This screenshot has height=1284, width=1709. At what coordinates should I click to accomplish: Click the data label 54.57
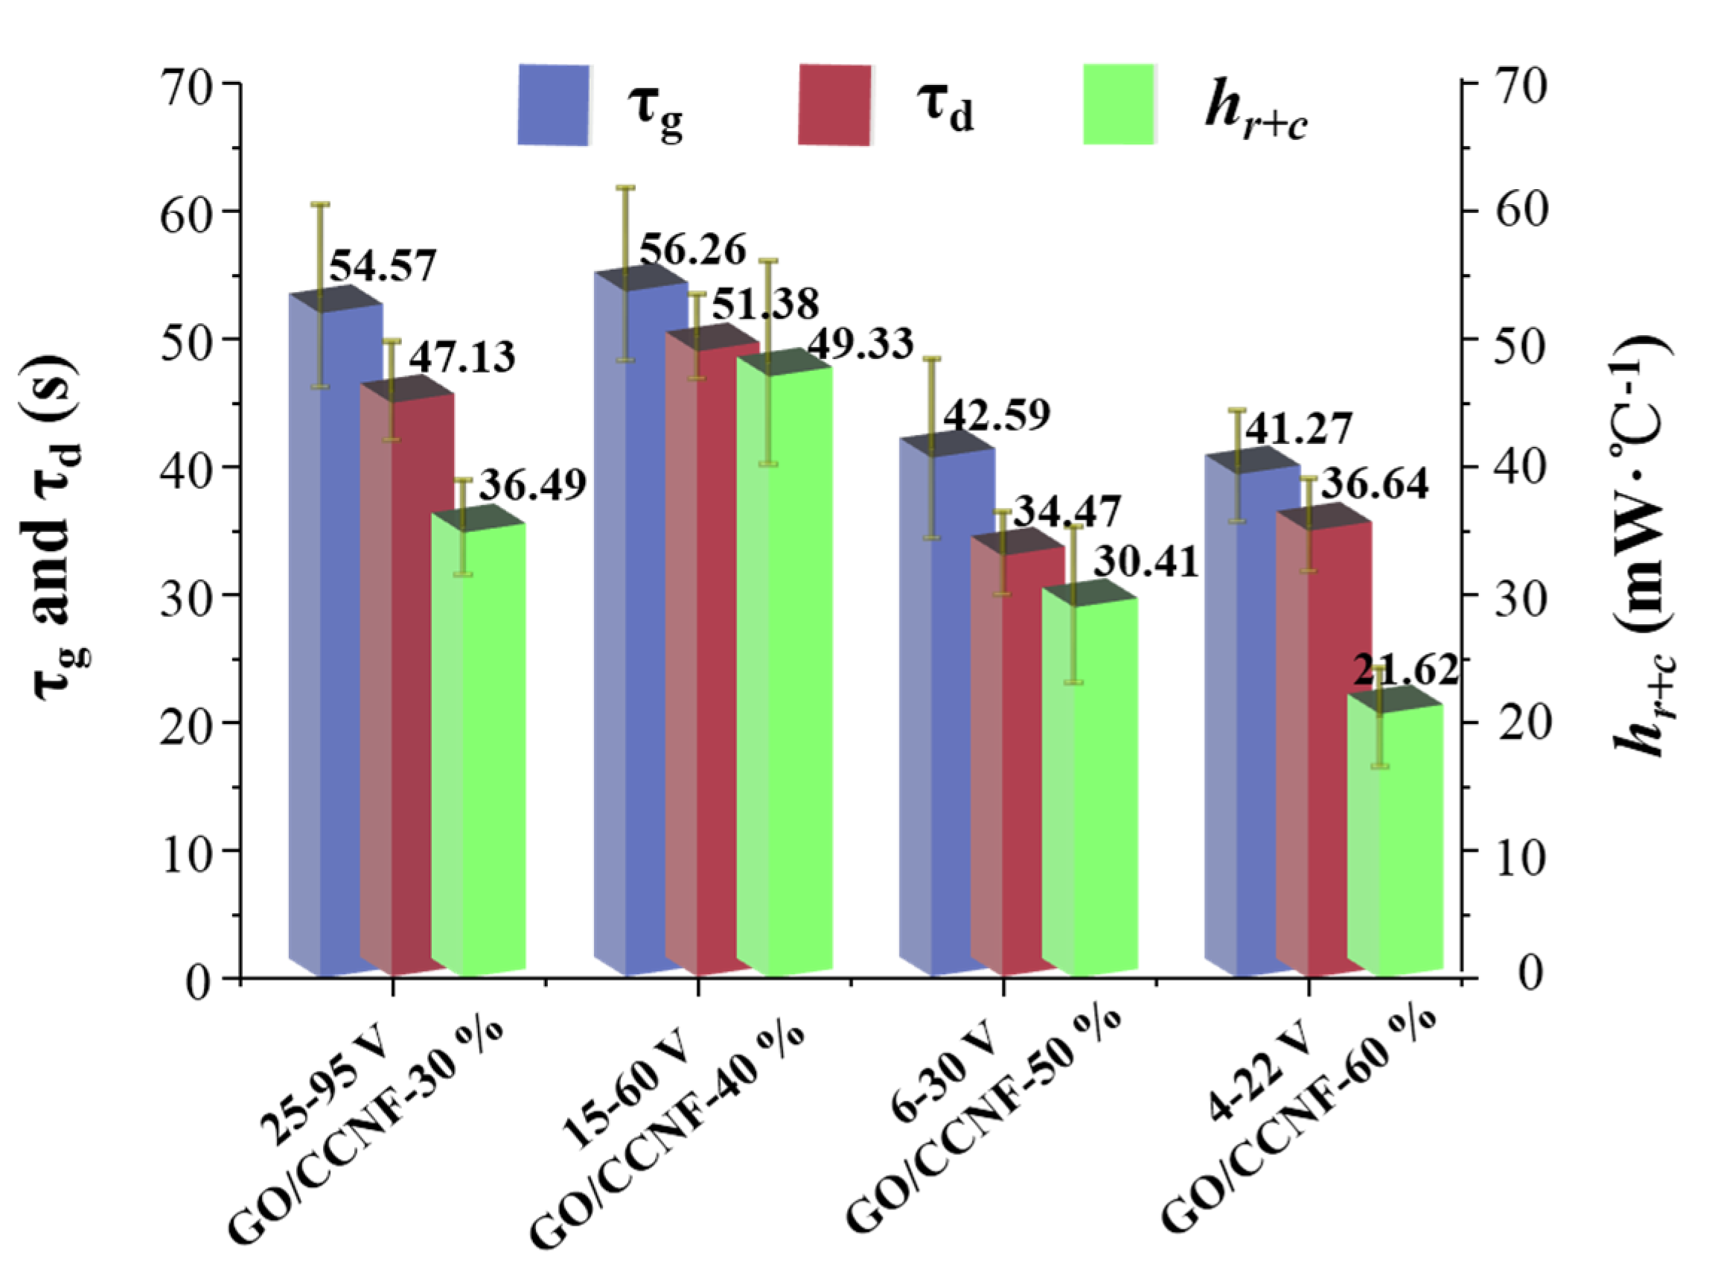pyautogui.click(x=383, y=266)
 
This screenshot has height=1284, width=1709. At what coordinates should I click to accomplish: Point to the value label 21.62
pyautogui.click(x=1405, y=671)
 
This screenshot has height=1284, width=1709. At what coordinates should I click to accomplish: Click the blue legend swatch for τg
pyautogui.click(x=553, y=105)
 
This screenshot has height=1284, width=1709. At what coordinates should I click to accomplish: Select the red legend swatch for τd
pyautogui.click(x=834, y=105)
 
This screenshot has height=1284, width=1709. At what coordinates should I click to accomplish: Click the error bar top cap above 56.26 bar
pyautogui.click(x=624, y=188)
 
